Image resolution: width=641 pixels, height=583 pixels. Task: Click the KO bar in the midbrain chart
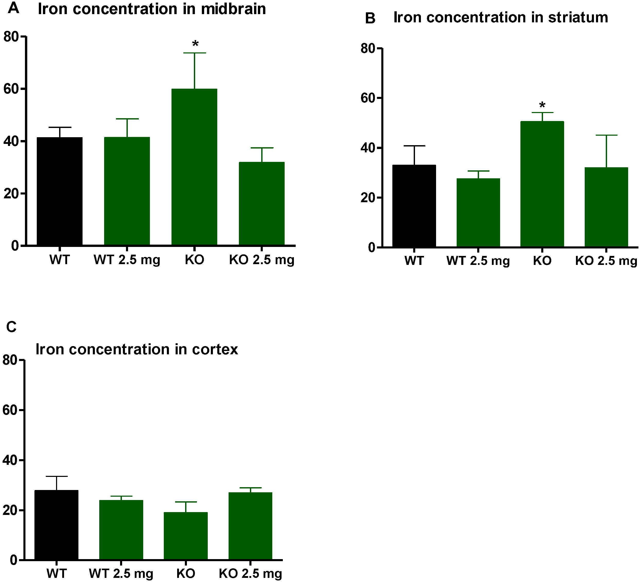click(194, 167)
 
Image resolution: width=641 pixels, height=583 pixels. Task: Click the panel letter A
click(13, 8)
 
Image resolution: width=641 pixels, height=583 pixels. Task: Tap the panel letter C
click(12, 327)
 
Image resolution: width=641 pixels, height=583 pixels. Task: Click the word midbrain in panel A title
click(233, 9)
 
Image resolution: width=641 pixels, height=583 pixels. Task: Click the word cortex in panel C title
click(215, 349)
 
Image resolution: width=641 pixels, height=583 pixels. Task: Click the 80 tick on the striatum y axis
click(368, 48)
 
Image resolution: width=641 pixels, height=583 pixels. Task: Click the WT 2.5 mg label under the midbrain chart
click(127, 260)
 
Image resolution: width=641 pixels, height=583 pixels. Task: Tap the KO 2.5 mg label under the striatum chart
click(606, 261)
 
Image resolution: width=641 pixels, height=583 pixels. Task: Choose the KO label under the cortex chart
click(186, 573)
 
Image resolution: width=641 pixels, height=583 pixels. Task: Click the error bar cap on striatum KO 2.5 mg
click(606, 135)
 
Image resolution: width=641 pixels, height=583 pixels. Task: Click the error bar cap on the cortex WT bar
click(57, 476)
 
